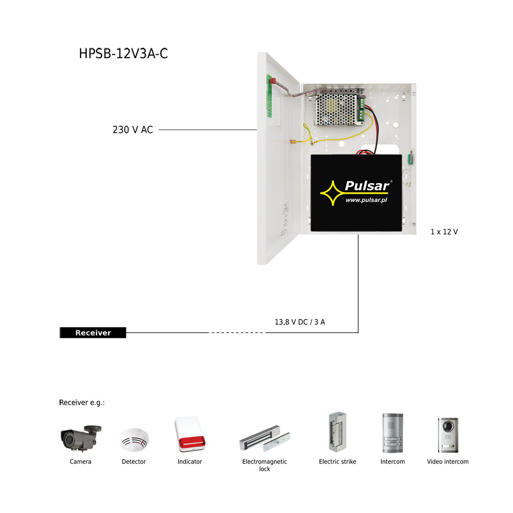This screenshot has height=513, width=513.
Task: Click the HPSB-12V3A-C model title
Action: click(123, 54)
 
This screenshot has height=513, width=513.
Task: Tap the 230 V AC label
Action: click(132, 130)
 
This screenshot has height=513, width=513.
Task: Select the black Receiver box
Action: click(93, 333)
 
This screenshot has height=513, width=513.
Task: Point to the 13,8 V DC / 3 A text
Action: click(300, 322)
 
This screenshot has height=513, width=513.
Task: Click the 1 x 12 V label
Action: click(444, 232)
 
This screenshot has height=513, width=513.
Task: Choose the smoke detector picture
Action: click(134, 440)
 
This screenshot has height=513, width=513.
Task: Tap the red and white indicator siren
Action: click(190, 434)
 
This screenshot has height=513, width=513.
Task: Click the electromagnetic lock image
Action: click(265, 439)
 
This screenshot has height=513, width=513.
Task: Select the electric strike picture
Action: click(338, 432)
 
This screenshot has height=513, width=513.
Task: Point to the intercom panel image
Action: click(392, 433)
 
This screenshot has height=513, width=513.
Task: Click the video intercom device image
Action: click(448, 435)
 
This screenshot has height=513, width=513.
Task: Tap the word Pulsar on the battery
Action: click(367, 186)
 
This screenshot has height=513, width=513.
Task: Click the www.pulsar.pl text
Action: click(366, 200)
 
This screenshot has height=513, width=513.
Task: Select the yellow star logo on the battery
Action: click(332, 193)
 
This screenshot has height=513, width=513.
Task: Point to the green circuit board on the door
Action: click(269, 96)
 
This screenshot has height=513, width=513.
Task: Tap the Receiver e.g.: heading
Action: click(82, 403)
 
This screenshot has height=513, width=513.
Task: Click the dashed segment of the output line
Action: click(237, 333)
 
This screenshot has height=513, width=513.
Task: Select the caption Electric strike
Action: click(338, 462)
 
